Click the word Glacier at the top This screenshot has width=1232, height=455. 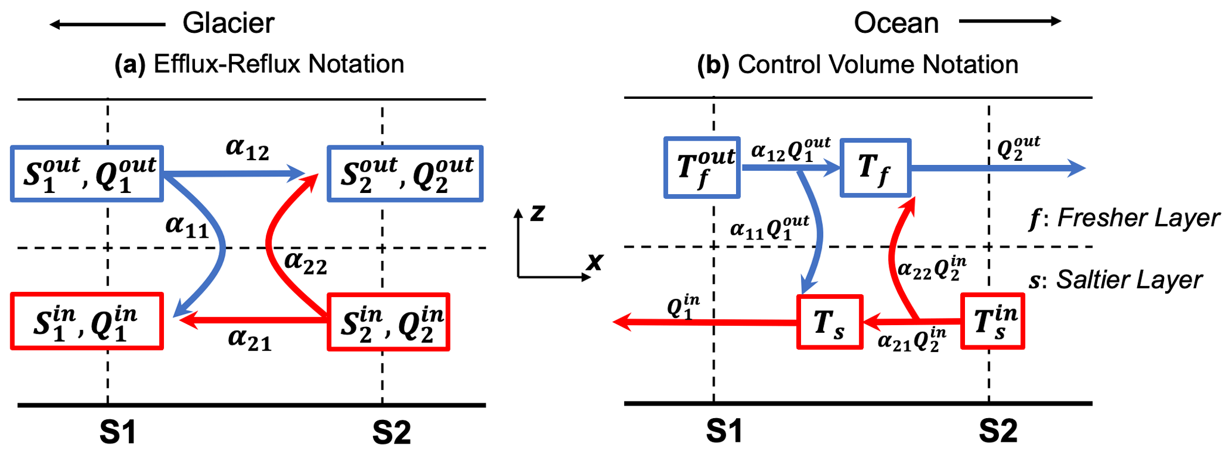(228, 23)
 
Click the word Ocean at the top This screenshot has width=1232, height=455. (896, 23)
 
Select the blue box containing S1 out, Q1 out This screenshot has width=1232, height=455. (87, 173)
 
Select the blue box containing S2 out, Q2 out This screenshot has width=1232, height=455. (405, 173)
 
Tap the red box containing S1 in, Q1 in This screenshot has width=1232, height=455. (87, 321)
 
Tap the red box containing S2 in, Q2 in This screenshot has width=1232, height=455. (389, 322)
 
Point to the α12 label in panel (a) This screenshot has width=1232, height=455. (247, 149)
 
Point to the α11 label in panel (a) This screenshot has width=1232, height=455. (187, 226)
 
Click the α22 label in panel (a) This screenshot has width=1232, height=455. (306, 262)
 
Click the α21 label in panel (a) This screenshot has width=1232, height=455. (250, 339)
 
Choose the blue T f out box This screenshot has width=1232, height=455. (702, 167)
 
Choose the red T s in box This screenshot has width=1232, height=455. (992, 322)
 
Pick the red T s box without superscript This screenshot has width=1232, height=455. (830, 322)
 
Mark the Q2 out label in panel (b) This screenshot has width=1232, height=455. (1018, 147)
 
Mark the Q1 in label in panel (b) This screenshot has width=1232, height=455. (683, 307)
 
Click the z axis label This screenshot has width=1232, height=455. (537, 213)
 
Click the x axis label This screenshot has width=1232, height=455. (594, 261)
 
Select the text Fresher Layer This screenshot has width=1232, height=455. (1138, 218)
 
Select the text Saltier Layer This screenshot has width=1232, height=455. (1129, 280)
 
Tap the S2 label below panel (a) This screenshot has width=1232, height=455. (391, 432)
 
